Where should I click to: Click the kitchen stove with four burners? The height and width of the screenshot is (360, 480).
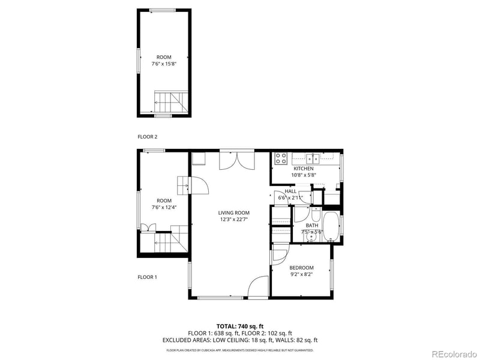[x=280, y=158]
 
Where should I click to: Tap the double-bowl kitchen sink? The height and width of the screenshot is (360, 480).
[x=313, y=158]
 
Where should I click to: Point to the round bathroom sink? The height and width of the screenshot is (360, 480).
[x=310, y=237]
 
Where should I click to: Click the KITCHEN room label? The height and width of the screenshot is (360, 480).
[x=303, y=169]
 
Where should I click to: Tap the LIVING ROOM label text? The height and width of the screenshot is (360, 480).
[x=233, y=212]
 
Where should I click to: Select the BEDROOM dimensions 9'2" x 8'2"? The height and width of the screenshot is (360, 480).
[x=301, y=274]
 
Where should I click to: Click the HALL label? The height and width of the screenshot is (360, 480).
[x=290, y=191]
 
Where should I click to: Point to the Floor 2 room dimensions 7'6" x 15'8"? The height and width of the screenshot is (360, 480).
[x=163, y=63]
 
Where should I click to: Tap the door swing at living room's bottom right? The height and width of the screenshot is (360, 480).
[x=258, y=287]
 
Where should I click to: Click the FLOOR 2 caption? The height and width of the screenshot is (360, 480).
[x=147, y=137]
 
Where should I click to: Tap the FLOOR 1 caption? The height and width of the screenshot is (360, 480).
[x=147, y=277]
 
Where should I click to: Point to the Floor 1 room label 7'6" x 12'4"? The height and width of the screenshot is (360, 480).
[x=164, y=208]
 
